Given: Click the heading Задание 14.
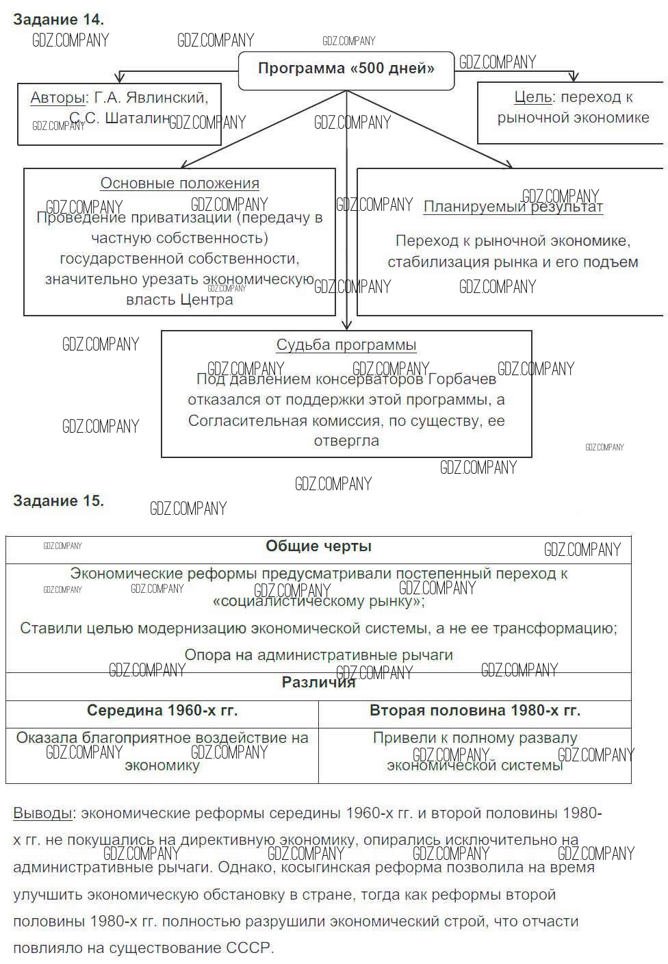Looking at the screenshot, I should click(x=58, y=19).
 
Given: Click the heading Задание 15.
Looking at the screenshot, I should click(x=58, y=500).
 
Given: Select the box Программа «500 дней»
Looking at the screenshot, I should click(x=346, y=69).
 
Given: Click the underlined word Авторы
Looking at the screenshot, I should click(x=57, y=98).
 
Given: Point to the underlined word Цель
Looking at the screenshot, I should click(x=533, y=97).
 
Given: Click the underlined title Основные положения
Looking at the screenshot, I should click(x=180, y=183).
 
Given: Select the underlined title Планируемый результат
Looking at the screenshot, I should click(x=513, y=207).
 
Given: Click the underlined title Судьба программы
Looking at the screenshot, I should click(x=346, y=345).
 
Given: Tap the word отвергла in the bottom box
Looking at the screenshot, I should click(x=346, y=441).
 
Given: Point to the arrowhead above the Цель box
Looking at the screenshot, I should click(x=574, y=77).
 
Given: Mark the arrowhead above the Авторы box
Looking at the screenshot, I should click(x=120, y=77).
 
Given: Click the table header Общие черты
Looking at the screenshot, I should click(x=318, y=546).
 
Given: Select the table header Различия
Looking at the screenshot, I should click(x=318, y=682).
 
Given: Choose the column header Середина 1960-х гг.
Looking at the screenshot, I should click(x=162, y=711).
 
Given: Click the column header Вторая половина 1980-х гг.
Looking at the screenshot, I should click(x=475, y=711).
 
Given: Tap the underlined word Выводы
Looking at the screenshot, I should click(x=42, y=813).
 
